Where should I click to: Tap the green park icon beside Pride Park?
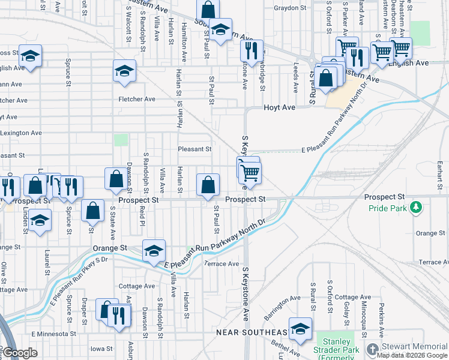415,208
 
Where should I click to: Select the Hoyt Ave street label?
280,107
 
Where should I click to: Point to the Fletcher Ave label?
132,99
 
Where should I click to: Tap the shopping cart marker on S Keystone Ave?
250,172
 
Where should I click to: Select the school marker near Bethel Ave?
300,329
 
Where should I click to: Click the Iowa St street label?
101,349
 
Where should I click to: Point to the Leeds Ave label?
295,75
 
